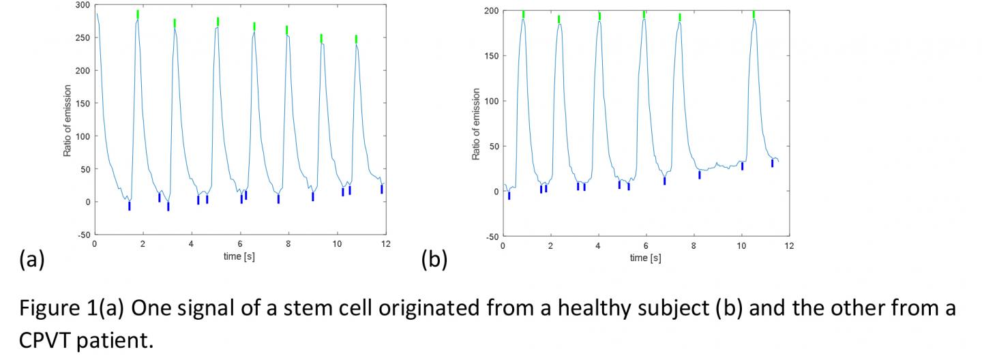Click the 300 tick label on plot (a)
pyautogui.click(x=82, y=5)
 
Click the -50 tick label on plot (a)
pyautogui.click(x=83, y=234)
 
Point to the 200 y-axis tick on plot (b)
pyautogui.click(x=490, y=11)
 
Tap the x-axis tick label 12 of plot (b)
pyautogui.click(x=789, y=245)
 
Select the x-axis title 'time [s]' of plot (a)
pyautogui.click(x=239, y=256)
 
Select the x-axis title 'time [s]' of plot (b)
pyautogui.click(x=645, y=258)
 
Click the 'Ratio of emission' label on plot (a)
pyautogui.click(x=68, y=120)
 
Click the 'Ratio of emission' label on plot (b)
pyautogui.click(x=476, y=124)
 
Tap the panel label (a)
pyautogui.click(x=32, y=260)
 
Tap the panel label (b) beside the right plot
pyautogui.click(x=434, y=260)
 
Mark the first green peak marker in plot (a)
pyautogui.click(x=138, y=14)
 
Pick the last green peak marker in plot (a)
pyautogui.click(x=356, y=39)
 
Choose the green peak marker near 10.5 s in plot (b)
pyautogui.click(x=754, y=14)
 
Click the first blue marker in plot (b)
pyautogui.click(x=509, y=196)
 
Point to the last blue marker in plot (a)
pyautogui.click(x=382, y=189)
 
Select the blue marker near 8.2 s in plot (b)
pyautogui.click(x=700, y=175)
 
